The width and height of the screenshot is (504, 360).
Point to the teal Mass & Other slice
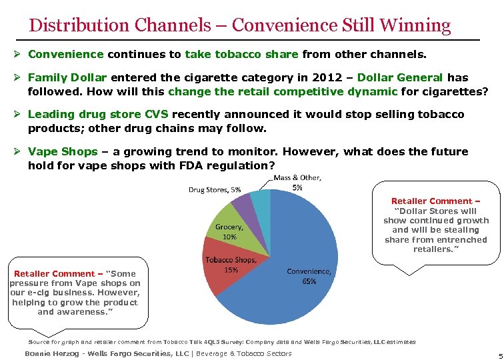(x=261, y=198)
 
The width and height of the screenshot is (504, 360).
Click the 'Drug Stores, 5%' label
(x=215, y=189)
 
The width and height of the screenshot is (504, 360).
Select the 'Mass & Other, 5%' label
(x=297, y=183)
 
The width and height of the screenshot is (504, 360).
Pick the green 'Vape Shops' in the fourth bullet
(x=63, y=152)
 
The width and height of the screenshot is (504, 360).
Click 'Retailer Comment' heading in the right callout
(x=435, y=201)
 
